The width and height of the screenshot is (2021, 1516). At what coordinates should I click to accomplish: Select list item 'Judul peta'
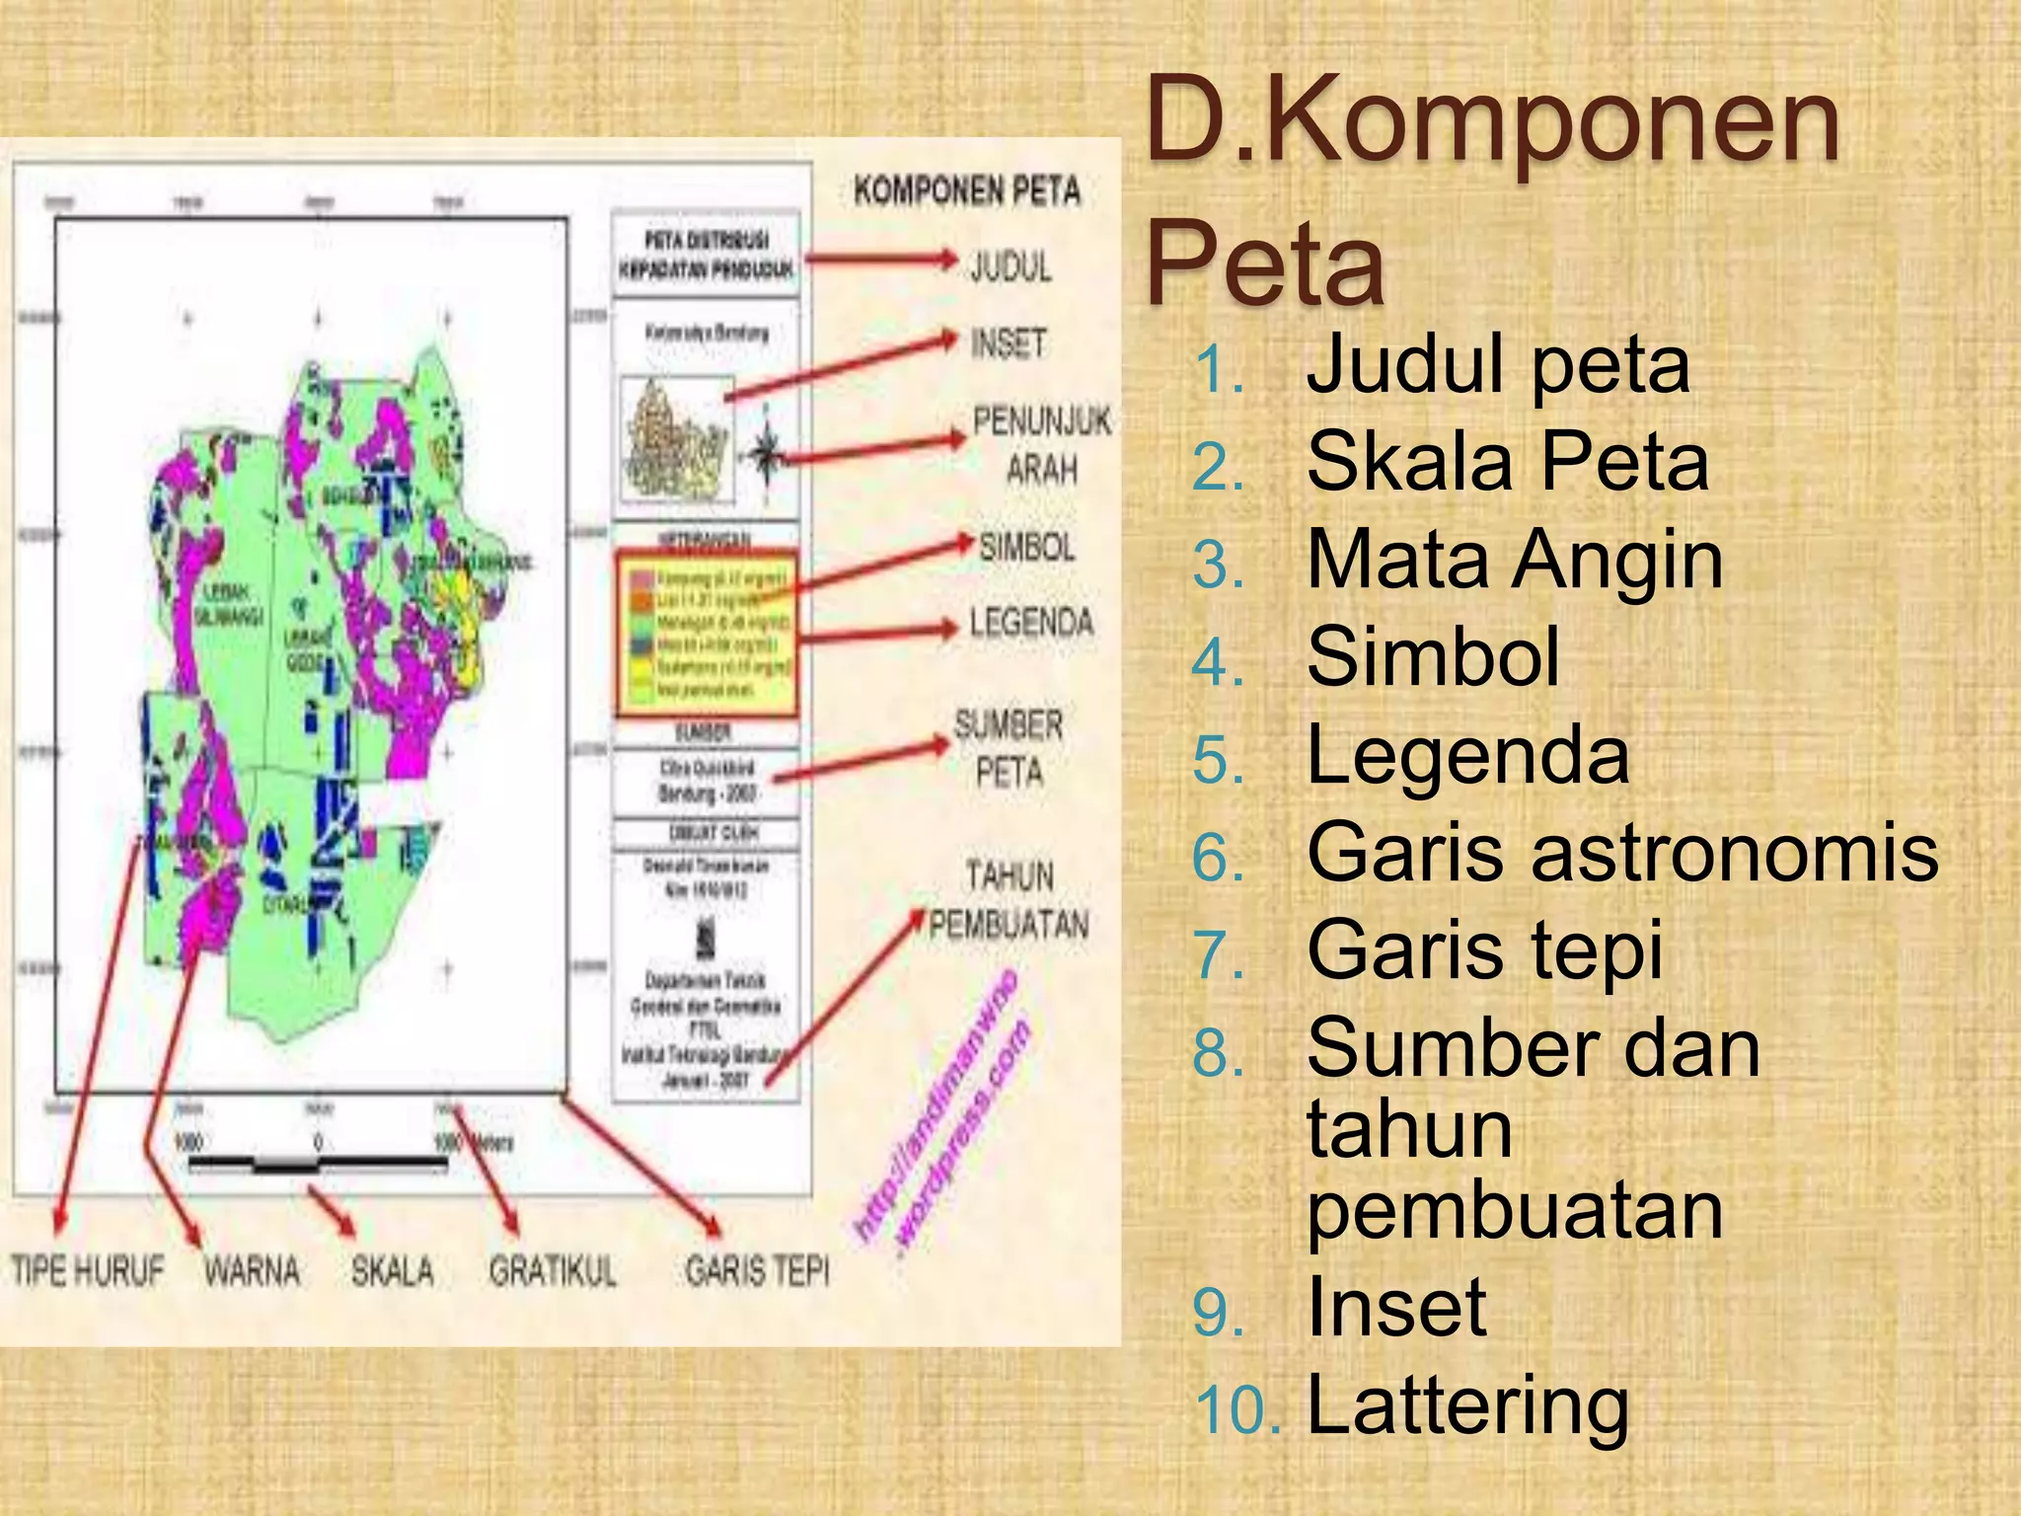click(x=1497, y=364)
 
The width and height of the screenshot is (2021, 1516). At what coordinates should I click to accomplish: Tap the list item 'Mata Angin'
click(x=1514, y=560)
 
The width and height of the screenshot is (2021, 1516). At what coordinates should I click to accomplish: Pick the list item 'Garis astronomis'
click(x=1622, y=852)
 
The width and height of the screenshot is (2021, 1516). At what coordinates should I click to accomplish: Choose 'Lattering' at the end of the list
click(x=1467, y=1405)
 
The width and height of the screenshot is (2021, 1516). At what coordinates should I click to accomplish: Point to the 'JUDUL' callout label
click(x=1010, y=266)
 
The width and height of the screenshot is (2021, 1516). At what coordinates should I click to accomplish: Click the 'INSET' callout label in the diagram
click(x=1008, y=343)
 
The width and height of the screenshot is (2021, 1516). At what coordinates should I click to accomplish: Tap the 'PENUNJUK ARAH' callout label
click(x=1042, y=444)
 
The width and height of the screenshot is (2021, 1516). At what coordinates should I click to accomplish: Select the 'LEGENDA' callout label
click(x=1031, y=623)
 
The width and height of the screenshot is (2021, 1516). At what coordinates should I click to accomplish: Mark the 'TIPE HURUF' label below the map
click(x=87, y=1270)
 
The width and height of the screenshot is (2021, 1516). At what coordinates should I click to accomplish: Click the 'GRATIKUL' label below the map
click(x=553, y=1270)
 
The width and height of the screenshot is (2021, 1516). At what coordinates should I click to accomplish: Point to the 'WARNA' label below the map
click(x=252, y=1270)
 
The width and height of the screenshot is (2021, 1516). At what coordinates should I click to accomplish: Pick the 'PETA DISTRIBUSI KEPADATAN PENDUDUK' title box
click(x=706, y=255)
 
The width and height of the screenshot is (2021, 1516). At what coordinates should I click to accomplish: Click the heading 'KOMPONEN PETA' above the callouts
click(x=967, y=190)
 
